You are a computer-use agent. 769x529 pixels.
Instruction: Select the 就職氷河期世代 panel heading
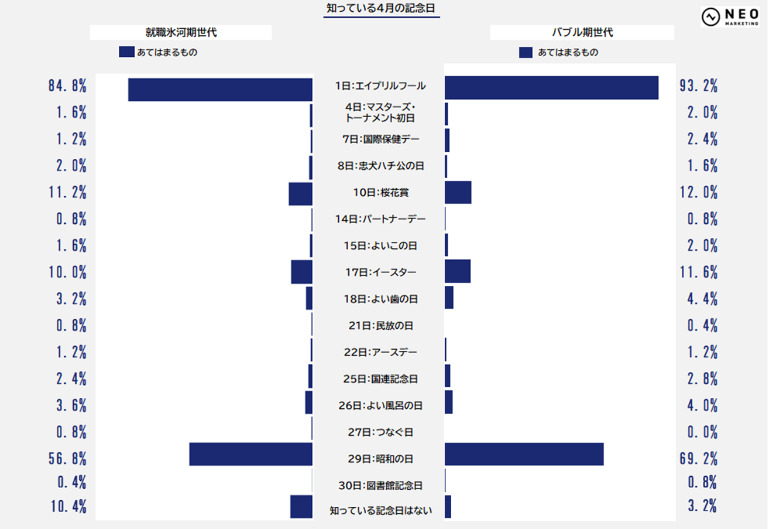pos(181,33)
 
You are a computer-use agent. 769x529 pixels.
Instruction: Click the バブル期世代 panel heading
pos(581,33)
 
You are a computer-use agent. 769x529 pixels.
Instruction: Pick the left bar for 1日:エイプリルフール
pos(220,89)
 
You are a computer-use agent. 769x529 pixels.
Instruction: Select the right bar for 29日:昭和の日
pos(524,454)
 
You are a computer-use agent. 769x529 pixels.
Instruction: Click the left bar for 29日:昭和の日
pos(250,454)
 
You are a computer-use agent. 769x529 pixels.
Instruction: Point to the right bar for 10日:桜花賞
pos(458,192)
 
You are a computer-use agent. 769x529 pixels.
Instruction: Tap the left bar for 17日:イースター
pos(301,272)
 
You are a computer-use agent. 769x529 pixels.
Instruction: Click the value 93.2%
pos(698,86)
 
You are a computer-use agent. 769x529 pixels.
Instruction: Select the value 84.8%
pos(67,86)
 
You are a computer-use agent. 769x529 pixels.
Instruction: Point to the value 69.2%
pos(698,458)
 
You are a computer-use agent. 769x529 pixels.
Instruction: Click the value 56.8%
pos(67,458)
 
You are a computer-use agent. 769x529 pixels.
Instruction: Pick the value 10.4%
pos(67,506)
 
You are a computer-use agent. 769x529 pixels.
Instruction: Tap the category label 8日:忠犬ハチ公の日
pos(380,166)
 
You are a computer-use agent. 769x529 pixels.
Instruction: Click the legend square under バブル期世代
pos(526,53)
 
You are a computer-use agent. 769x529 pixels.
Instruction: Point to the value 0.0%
pos(702,432)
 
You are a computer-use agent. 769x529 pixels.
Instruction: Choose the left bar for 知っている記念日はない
pos(301,506)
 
